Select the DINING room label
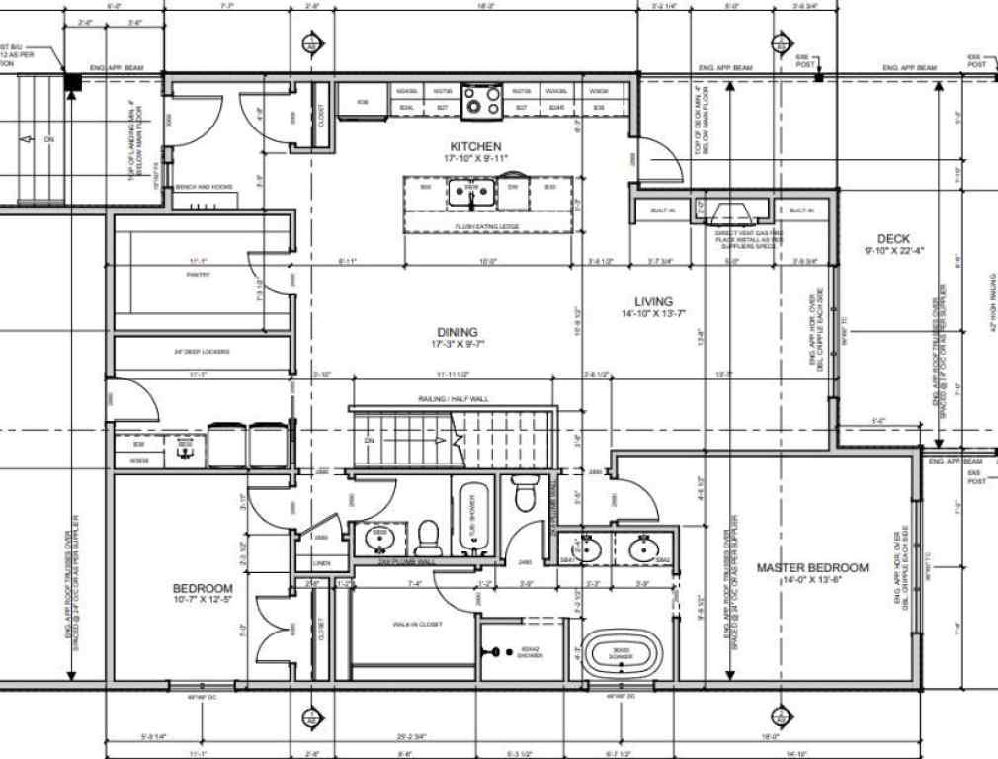pos(454,332)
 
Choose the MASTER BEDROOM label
pos(812,567)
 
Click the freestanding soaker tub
pos(619,654)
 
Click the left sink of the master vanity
pos(586,548)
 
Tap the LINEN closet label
pos(321,563)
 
